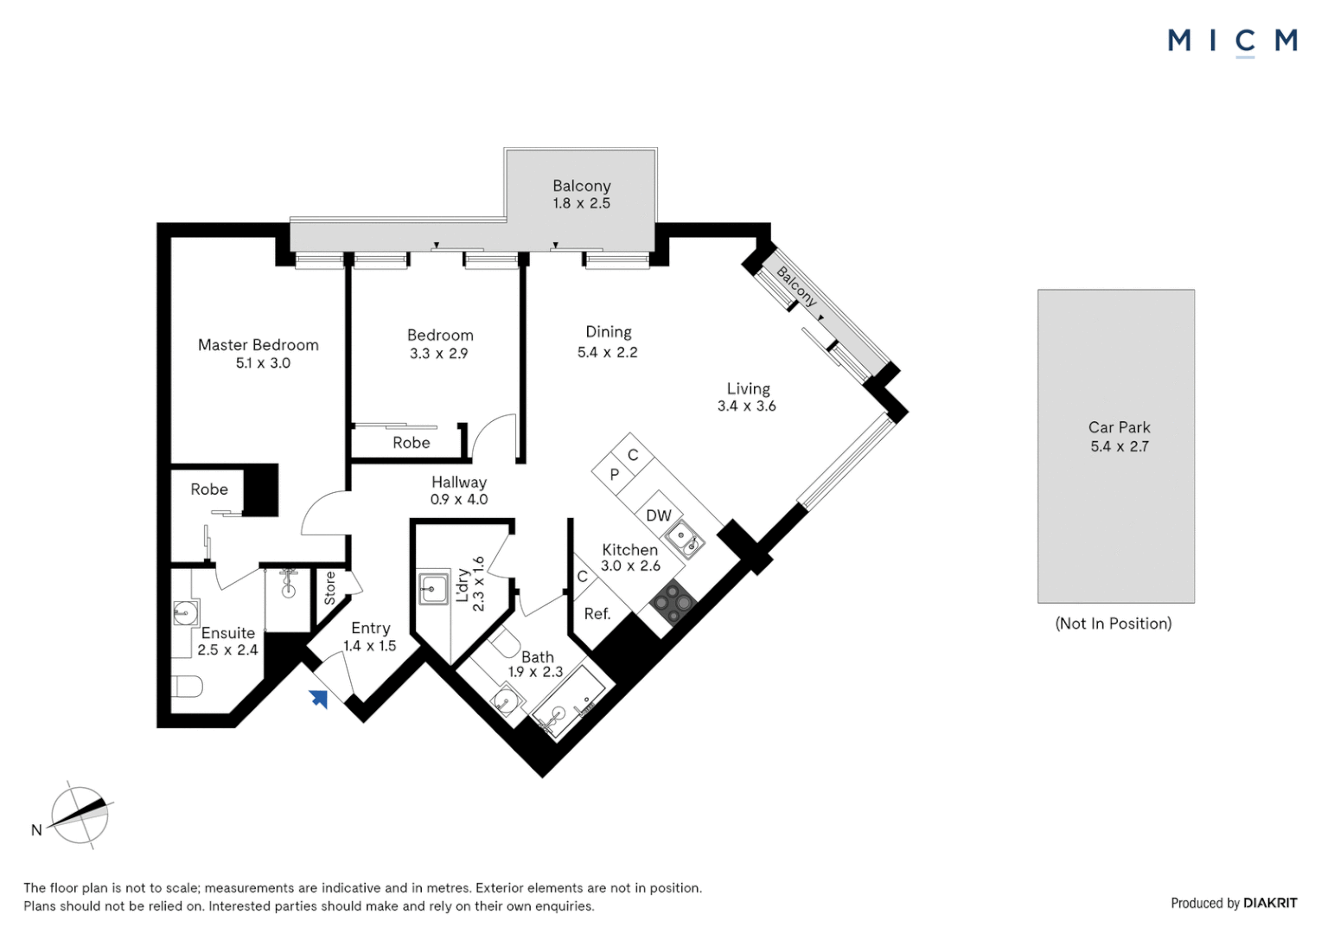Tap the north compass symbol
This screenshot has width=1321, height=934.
[80, 815]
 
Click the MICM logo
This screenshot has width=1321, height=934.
[1232, 41]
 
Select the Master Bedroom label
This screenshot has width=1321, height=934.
[258, 345]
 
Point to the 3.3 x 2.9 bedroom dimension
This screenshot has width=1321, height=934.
[438, 354]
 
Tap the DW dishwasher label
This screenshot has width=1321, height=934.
[658, 515]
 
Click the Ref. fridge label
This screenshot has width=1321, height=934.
[597, 614]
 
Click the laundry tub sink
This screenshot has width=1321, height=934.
[433, 589]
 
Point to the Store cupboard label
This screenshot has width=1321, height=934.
[329, 588]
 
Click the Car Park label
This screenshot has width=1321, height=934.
[1119, 427]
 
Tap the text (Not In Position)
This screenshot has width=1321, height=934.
[1113, 624]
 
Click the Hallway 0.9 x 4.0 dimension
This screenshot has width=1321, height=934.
[458, 500]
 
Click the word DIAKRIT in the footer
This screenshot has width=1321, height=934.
[1269, 903]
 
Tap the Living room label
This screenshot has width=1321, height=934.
[748, 389]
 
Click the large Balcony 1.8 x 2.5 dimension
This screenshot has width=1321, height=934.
[581, 203]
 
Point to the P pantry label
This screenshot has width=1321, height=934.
[614, 475]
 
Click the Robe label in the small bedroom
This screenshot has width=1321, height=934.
[411, 443]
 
